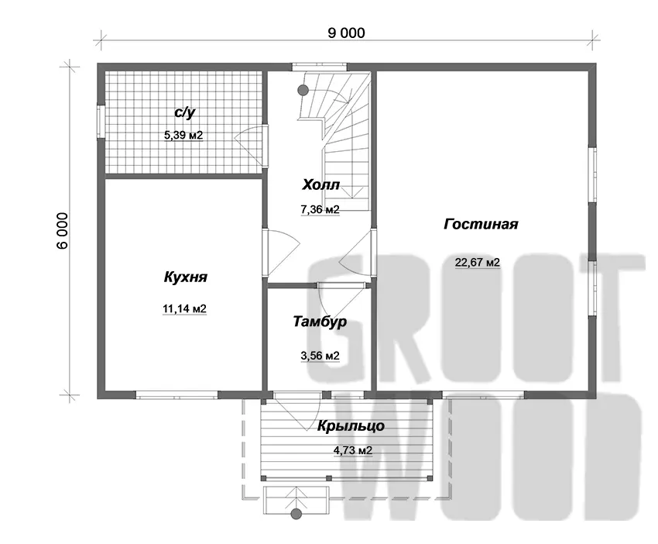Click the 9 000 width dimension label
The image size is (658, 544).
[346, 33]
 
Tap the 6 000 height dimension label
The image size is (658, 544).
[62, 231]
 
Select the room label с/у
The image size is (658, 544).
[185, 112]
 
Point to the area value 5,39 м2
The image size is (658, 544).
[183, 136]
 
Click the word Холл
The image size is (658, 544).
[320, 184]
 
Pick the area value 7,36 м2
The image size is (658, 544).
[320, 209]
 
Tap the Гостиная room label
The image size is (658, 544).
[481, 224]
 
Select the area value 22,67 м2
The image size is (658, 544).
[478, 263]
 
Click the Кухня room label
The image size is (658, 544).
[185, 277]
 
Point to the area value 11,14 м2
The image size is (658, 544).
[184, 308]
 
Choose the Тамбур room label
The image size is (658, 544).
[320, 322]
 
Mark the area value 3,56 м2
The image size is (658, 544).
[320, 356]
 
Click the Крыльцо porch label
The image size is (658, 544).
[351, 426]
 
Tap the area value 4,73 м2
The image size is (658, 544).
[352, 451]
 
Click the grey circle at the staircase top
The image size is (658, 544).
[303, 90]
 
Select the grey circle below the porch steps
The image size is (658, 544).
[296, 513]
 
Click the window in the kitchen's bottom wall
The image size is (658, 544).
[176, 395]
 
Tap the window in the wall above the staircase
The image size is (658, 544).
[320, 67]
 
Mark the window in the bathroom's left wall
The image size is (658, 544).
[101, 121]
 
